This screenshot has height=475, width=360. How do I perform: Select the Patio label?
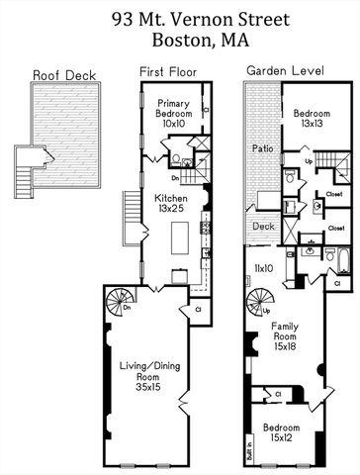coord(261,147)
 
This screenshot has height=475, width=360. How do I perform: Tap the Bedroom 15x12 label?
coord(284,432)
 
